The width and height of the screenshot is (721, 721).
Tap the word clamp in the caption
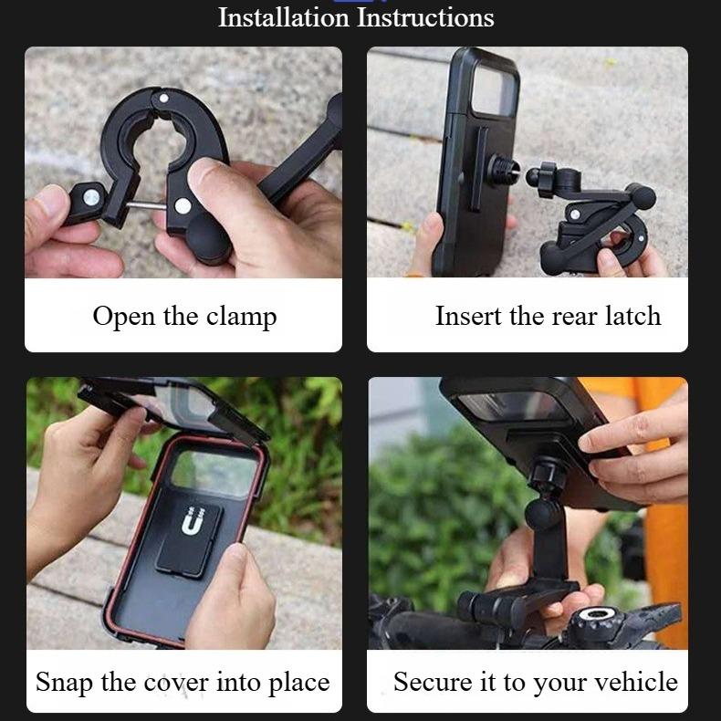[241, 317]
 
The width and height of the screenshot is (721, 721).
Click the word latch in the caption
[632, 316]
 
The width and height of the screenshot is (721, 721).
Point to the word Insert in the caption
[469, 316]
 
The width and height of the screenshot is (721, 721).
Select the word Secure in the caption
[427, 682]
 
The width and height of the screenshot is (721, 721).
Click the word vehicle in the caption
[636, 682]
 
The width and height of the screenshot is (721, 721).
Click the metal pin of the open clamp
[146, 208]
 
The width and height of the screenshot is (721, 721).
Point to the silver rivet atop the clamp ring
[163, 98]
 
